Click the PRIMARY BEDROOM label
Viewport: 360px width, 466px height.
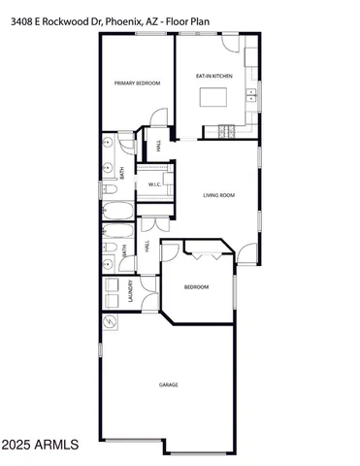[x=137, y=83]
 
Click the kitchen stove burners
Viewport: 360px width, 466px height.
[x=228, y=131]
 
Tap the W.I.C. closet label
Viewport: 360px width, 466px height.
[x=154, y=184]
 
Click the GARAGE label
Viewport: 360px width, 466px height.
[x=169, y=384]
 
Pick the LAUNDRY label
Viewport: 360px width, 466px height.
[x=130, y=292]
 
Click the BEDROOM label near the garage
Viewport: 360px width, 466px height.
[x=197, y=286]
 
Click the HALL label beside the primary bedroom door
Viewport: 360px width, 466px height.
[x=158, y=148]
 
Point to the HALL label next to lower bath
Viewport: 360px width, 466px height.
[x=147, y=248]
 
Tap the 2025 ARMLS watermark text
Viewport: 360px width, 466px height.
[x=40, y=446]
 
